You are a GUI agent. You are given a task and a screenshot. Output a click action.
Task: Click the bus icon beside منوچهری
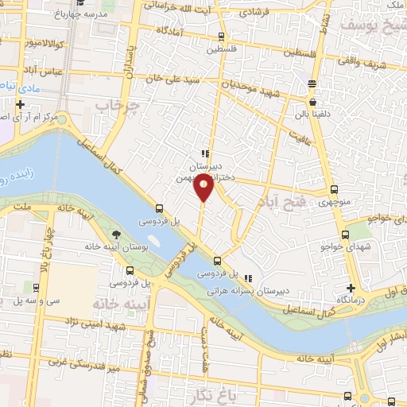tap(334, 190)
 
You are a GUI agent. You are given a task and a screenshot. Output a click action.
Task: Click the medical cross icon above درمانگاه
tap(351, 287)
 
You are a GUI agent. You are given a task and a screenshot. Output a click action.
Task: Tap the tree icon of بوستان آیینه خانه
tap(118, 234)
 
